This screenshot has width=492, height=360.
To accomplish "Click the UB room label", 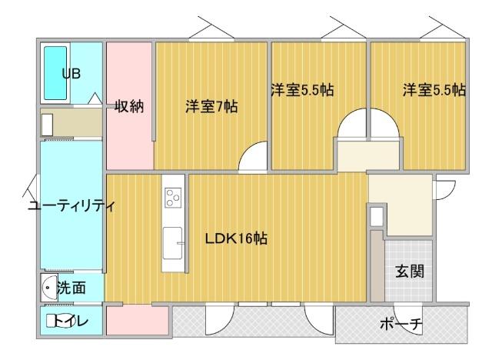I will [71, 73].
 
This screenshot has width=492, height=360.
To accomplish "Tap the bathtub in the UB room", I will [55, 75].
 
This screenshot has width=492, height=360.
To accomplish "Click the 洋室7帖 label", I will [211, 107].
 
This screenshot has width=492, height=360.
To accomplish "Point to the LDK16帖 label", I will [236, 238].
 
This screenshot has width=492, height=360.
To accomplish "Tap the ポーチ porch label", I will [401, 324].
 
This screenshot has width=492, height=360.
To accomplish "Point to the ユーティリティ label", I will [70, 206].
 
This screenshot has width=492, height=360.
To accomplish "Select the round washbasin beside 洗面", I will [49, 288].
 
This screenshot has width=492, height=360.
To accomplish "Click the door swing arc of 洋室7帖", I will [253, 159].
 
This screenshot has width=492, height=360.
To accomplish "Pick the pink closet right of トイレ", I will [127, 320].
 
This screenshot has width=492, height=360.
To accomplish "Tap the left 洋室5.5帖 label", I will [301, 89].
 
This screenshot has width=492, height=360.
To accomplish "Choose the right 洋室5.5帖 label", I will [434, 89].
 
